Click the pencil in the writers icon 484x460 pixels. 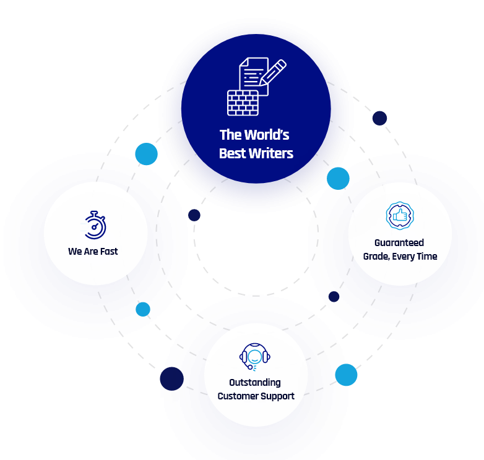[x=273, y=73]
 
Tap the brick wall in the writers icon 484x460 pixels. [x=243, y=103]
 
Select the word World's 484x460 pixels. [x=266, y=135]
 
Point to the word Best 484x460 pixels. [x=232, y=153]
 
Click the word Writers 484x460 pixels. [x=271, y=153]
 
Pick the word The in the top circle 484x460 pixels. [x=230, y=135]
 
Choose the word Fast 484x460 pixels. [x=108, y=252]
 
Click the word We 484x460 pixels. [x=75, y=252]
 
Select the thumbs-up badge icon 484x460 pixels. [x=400, y=215]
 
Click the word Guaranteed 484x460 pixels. [x=399, y=243]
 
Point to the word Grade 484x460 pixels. [x=377, y=257]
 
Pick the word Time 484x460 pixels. [x=428, y=257]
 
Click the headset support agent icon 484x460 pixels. [x=255, y=357]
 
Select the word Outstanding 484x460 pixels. [x=255, y=383]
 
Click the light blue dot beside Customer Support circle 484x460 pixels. [x=346, y=375]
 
